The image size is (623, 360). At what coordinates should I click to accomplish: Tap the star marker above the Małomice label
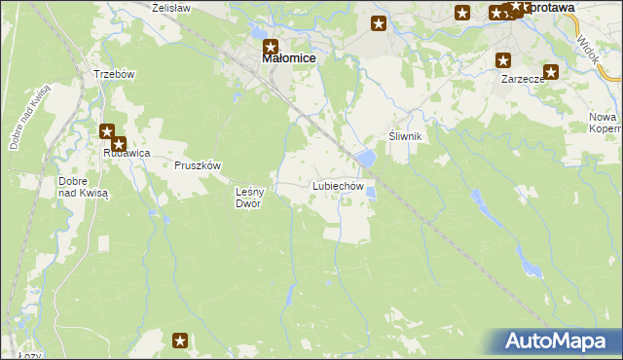(x=271, y=45)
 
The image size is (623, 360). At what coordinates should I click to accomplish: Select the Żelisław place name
(x=171, y=7)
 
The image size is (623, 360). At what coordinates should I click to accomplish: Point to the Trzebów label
(x=113, y=74)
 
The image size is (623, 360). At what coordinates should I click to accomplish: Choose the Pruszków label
(x=198, y=165)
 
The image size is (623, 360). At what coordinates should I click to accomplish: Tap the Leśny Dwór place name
(x=249, y=198)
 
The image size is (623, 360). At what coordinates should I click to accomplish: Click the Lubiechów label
(x=338, y=185)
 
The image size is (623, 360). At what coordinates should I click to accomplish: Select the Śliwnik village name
(x=404, y=137)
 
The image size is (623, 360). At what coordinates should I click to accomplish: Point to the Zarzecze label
(x=522, y=79)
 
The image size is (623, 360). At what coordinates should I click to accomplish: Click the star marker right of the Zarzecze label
(x=551, y=71)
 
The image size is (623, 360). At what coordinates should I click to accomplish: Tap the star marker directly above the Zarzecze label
(x=504, y=58)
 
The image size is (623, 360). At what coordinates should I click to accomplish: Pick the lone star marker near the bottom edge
(x=180, y=340)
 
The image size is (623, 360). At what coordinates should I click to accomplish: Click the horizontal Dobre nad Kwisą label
(x=82, y=187)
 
